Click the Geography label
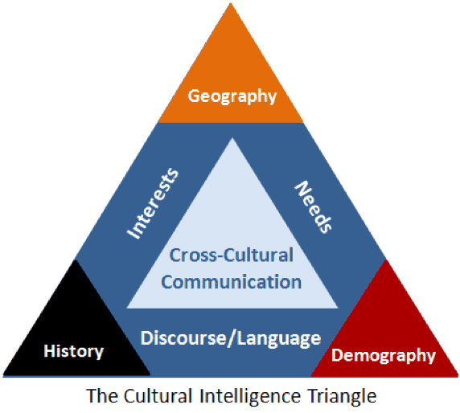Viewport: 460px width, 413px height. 232,96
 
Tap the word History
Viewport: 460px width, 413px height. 74,351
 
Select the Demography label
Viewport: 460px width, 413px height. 384,355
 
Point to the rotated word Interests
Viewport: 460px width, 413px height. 153,203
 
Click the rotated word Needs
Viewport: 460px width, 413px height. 314,207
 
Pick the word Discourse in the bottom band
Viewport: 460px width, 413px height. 183,338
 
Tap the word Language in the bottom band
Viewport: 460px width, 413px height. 279,339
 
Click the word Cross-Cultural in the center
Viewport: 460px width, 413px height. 231,255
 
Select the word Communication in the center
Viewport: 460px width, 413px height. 231,282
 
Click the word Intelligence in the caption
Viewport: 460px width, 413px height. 250,397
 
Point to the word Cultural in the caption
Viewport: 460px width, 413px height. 158,395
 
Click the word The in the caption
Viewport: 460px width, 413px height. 102,395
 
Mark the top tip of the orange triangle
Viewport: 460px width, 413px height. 231,3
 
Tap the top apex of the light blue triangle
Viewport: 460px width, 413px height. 232,138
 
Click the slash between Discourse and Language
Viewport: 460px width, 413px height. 232,338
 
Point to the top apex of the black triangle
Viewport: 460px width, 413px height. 76,260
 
